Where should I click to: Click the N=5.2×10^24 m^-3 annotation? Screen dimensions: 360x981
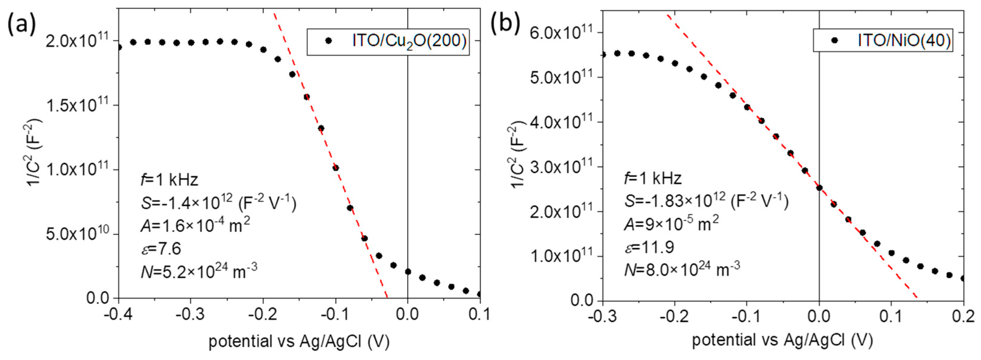pos(199,271)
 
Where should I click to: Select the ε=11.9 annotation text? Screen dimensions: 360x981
pos(649,247)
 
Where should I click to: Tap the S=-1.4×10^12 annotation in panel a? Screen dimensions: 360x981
pos(218,203)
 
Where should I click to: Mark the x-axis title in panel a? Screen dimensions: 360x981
pos(299,341)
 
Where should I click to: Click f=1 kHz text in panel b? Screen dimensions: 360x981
pos(653,178)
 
